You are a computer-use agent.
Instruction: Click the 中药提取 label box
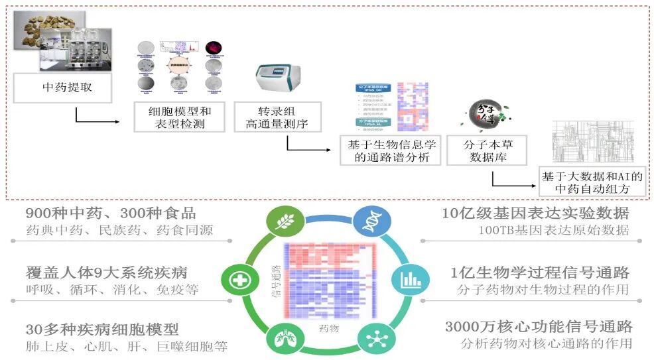[67, 88]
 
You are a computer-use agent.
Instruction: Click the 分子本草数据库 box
[486, 150]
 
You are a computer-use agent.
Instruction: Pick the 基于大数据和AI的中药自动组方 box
[592, 182]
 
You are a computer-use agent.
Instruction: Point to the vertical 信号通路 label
[275, 285]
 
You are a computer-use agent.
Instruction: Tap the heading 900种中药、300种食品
[111, 213]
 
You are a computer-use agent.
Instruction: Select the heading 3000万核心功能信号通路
[538, 327]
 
